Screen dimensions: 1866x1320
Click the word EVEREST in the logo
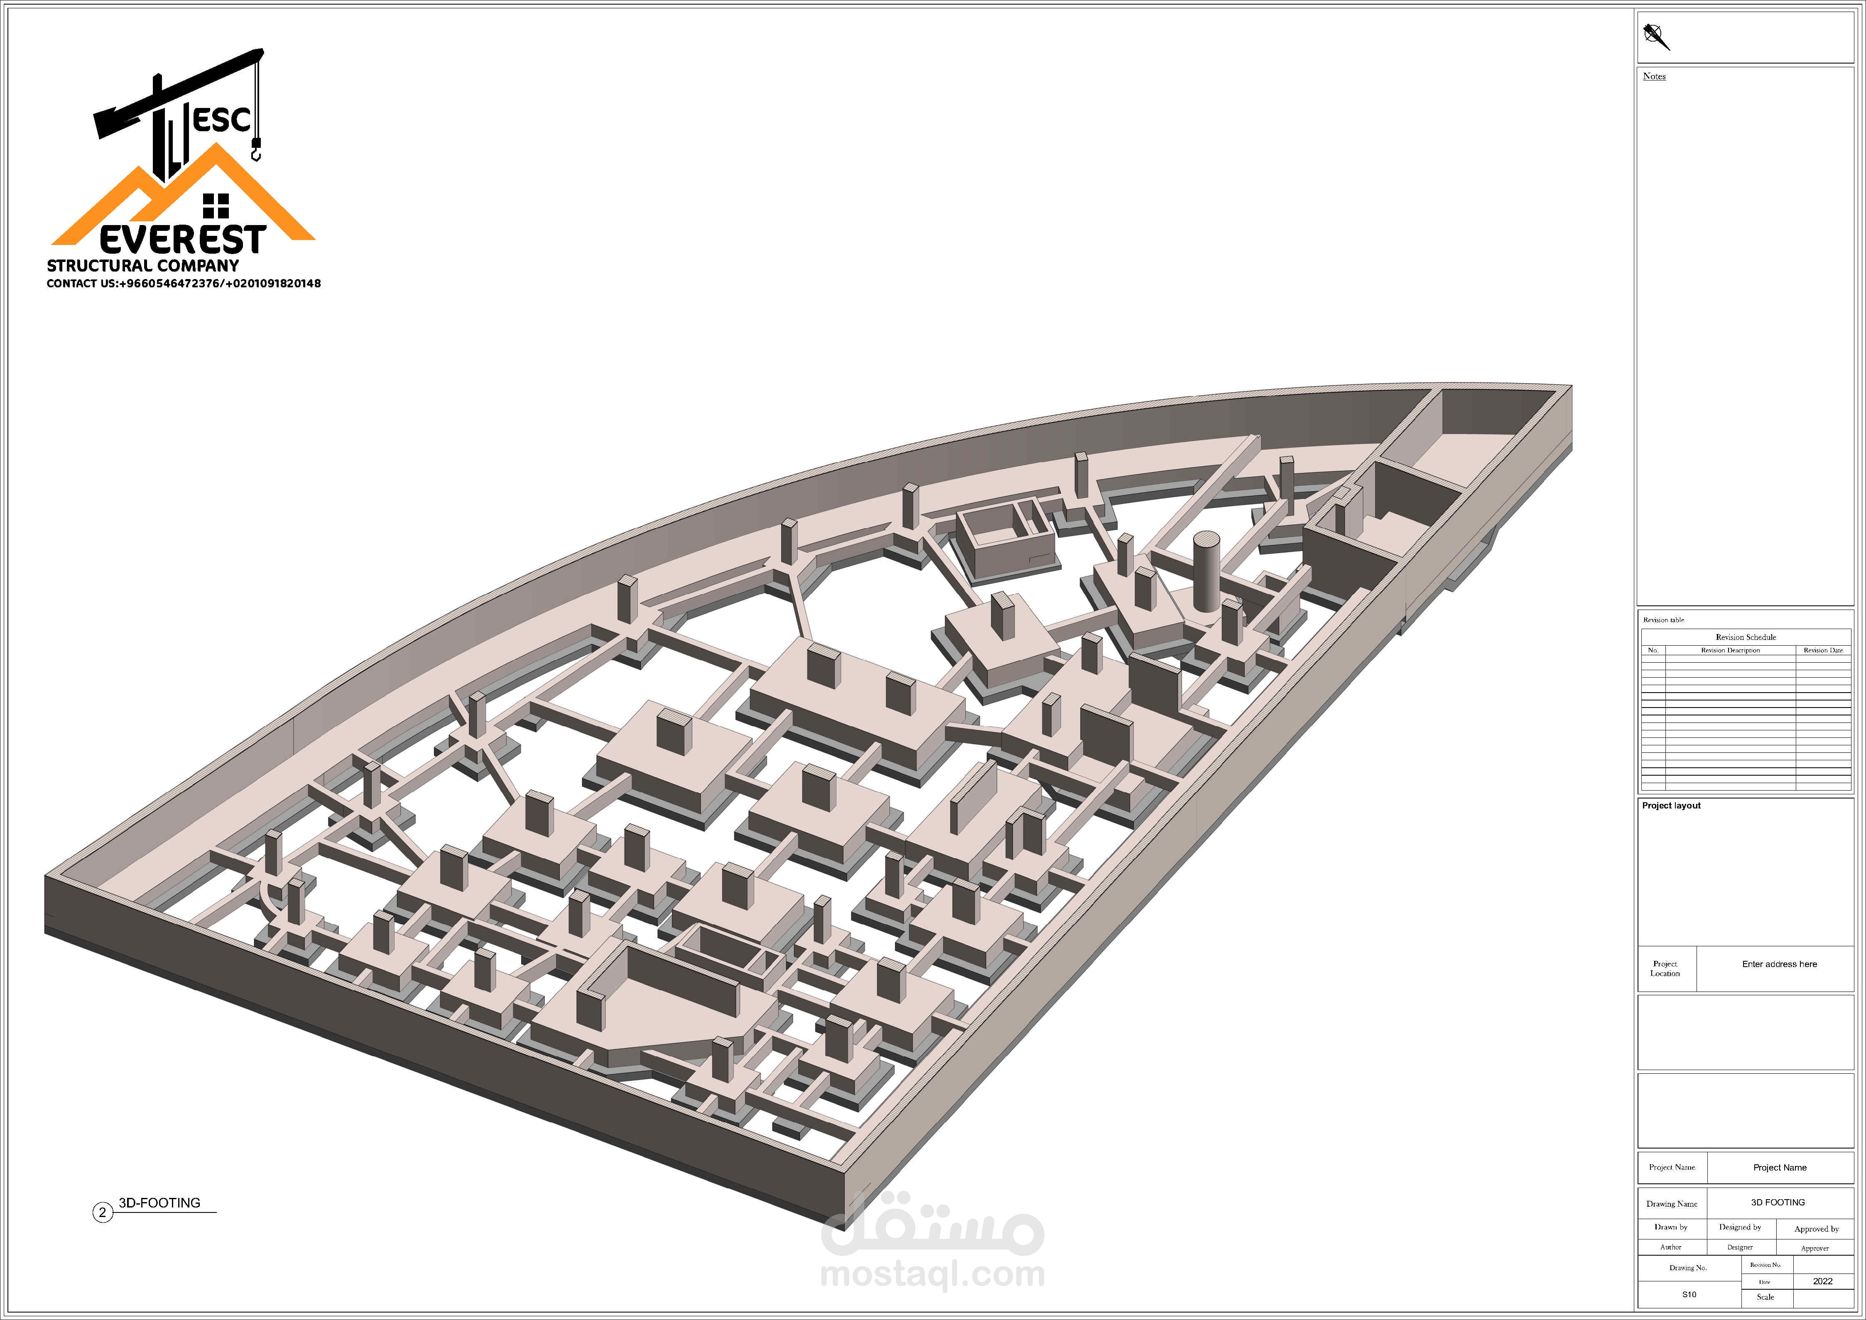click(x=183, y=240)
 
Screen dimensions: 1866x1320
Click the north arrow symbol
click(x=1655, y=36)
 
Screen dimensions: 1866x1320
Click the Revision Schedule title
click(x=1746, y=637)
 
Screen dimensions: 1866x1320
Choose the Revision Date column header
click(x=1823, y=650)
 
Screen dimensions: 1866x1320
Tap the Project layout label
click(x=1671, y=806)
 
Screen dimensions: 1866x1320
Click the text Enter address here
click(x=1779, y=964)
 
